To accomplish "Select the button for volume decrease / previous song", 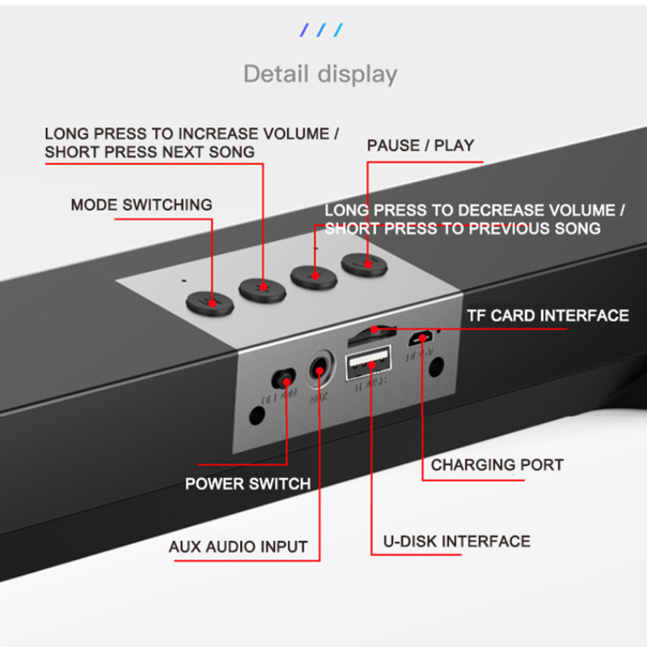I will tap(314, 273).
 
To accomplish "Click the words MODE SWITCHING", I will tap(142, 205).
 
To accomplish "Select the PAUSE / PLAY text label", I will tap(421, 146).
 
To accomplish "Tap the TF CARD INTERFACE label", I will tap(548, 315).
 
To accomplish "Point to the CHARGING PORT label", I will tap(497, 465).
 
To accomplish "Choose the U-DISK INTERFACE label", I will tap(456, 541).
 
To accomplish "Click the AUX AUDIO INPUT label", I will tap(238, 547).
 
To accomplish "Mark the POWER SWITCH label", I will tap(247, 484).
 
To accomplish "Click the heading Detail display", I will tap(320, 74).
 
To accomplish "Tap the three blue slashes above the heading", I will tap(322, 31).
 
